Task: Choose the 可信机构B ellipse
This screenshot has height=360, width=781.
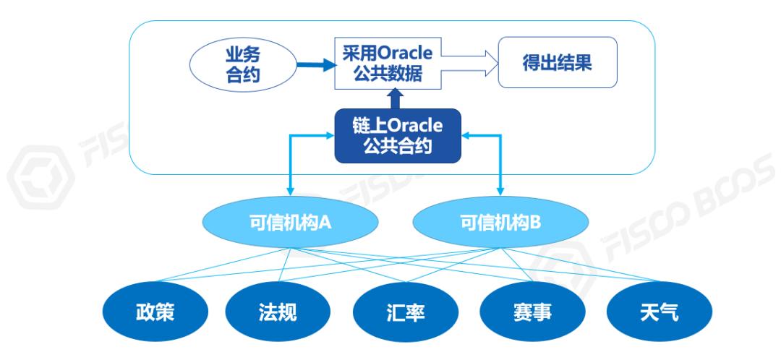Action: point(500,222)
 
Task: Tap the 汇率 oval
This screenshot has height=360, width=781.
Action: point(404,314)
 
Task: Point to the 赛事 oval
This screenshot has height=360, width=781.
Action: point(532,314)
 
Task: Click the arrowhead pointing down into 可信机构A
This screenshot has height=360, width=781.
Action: point(290,190)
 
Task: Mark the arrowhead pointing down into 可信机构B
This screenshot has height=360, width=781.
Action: point(500,190)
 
